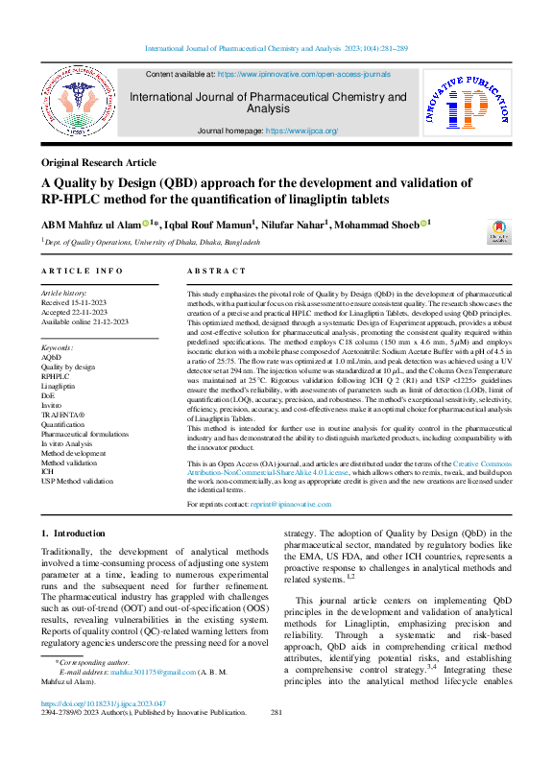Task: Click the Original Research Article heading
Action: (99, 163)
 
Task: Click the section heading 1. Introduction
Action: (73, 533)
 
